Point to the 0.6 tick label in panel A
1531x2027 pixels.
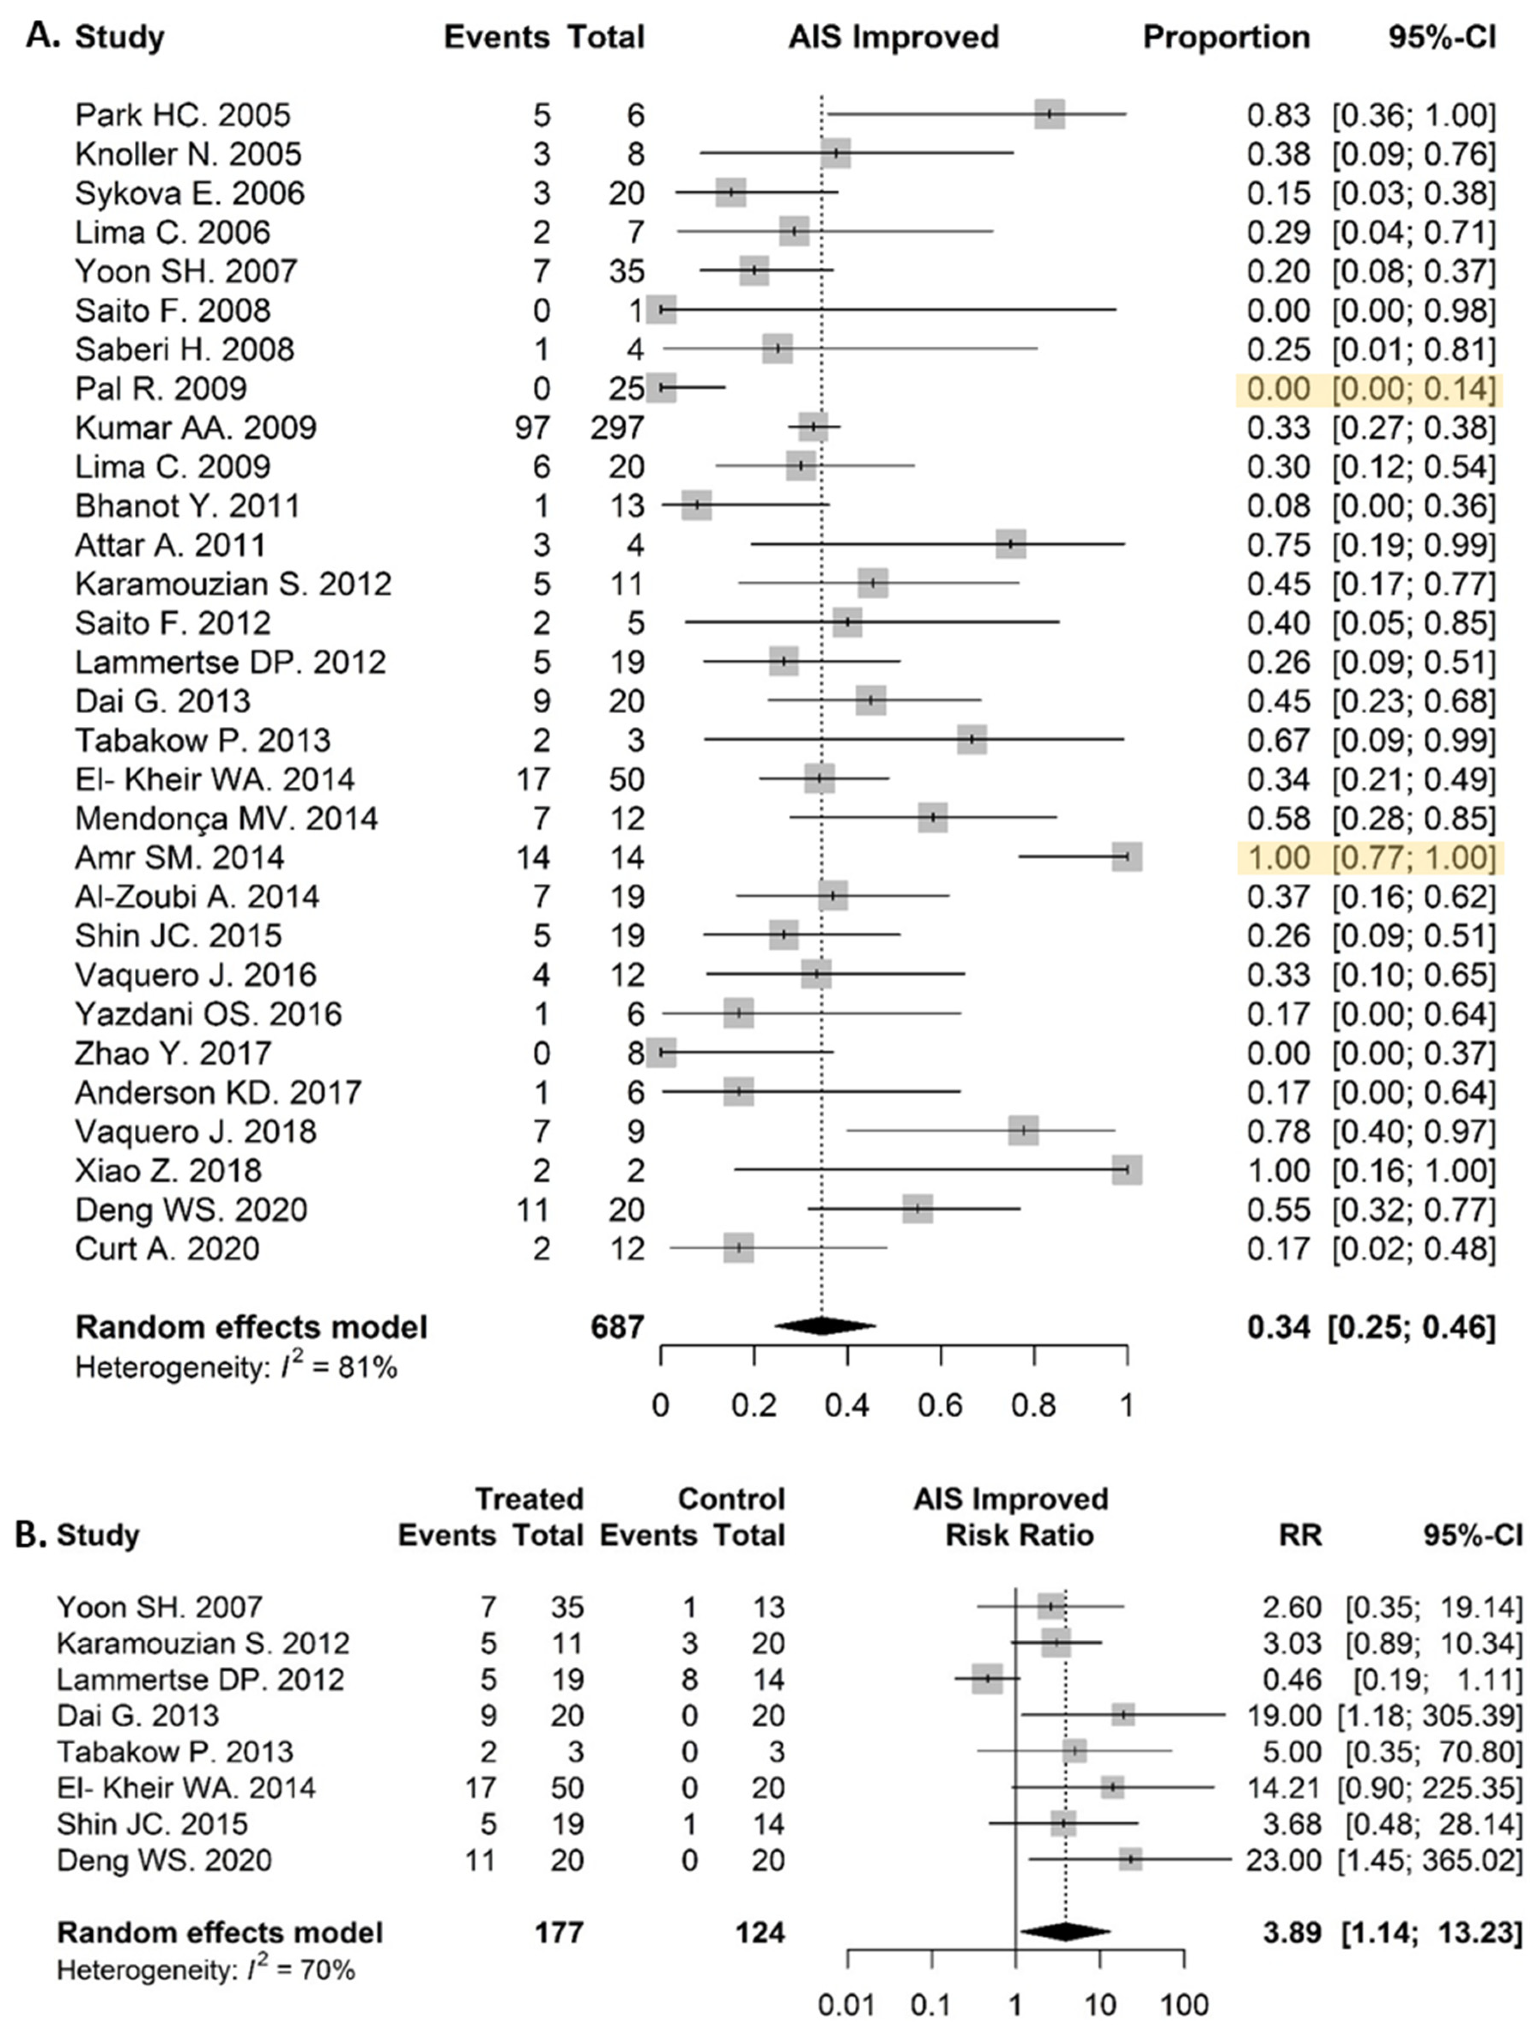941,1405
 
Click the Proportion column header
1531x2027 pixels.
1226,38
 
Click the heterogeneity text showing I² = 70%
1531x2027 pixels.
206,1969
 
